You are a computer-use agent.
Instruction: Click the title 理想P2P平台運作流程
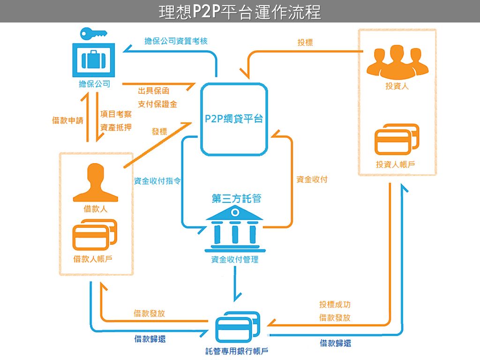[240, 11]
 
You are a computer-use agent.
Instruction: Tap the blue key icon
[93, 34]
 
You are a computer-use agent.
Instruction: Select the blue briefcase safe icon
[94, 60]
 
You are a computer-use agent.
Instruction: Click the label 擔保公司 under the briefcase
[94, 84]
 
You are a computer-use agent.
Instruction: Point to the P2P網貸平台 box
[234, 119]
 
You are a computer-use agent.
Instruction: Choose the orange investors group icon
[397, 62]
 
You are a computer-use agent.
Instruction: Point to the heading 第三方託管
[236, 199]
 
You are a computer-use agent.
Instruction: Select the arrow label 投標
[305, 43]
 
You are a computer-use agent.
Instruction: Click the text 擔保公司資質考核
[176, 41]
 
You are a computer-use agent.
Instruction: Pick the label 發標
[159, 132]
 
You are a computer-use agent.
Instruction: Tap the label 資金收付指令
[157, 181]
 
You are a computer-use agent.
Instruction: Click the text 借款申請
[67, 120]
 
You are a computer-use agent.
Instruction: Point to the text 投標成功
[335, 304]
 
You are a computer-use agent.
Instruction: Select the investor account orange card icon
[397, 139]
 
